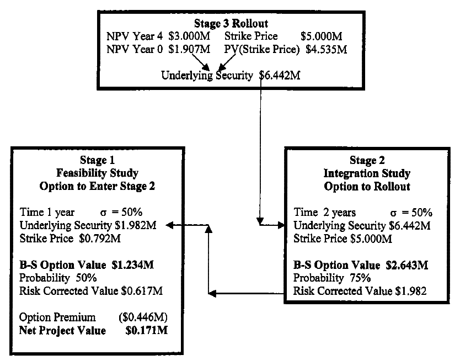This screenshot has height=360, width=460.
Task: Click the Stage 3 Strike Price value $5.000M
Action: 322,36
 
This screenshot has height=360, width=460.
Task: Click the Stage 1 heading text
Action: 93,161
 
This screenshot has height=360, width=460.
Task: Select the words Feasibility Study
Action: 93,173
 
